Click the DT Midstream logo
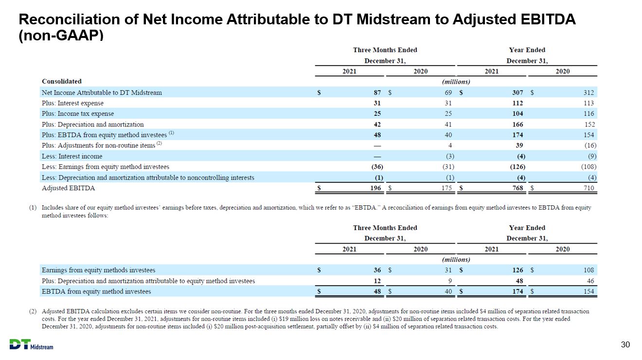pyautogui.click(x=31, y=344)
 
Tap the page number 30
pyautogui.click(x=625, y=344)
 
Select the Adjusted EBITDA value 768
pyautogui.click(x=517, y=188)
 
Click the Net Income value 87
pyautogui.click(x=377, y=92)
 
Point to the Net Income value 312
pyautogui.click(x=588, y=92)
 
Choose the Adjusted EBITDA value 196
pyautogui.click(x=375, y=188)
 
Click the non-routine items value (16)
pyautogui.click(x=590, y=145)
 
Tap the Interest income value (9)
pyautogui.click(x=592, y=156)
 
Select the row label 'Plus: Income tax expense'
pyautogui.click(x=78, y=113)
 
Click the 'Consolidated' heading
pyautogui.click(x=62, y=81)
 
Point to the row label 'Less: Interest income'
pyautogui.click(x=72, y=156)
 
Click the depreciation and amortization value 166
pyautogui.click(x=517, y=125)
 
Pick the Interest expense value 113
pyautogui.click(x=588, y=103)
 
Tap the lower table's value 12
pyautogui.click(x=377, y=281)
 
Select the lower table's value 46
pyautogui.click(x=590, y=281)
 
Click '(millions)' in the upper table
pyautogui.click(x=456, y=82)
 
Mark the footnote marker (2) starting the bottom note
pyautogui.click(x=33, y=311)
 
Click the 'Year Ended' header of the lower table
pyautogui.click(x=527, y=228)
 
